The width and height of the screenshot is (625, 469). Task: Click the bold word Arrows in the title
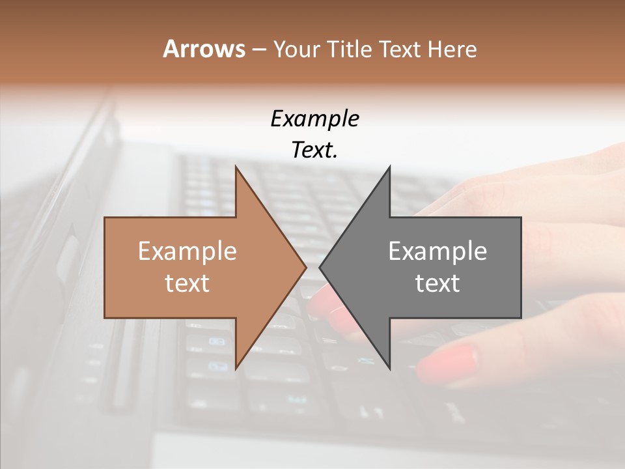coord(203,49)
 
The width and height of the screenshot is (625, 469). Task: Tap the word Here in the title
coord(452,49)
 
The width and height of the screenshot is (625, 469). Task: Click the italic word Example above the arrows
coord(314,119)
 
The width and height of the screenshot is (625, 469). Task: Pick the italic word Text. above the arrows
coord(314,150)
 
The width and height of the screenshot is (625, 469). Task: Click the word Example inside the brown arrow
coord(187,251)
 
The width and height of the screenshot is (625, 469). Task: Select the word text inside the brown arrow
coord(187,283)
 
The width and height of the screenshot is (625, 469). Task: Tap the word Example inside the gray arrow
coord(437,251)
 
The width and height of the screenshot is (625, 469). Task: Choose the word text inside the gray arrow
coord(437,283)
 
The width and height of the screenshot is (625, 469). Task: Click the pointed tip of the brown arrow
coord(305,267)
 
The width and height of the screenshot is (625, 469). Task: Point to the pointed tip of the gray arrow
coord(320,267)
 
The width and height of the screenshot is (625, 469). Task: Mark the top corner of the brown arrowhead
coord(236,167)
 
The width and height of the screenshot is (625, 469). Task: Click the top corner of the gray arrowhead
coord(389,167)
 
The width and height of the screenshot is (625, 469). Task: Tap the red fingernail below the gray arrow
coord(448,363)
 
